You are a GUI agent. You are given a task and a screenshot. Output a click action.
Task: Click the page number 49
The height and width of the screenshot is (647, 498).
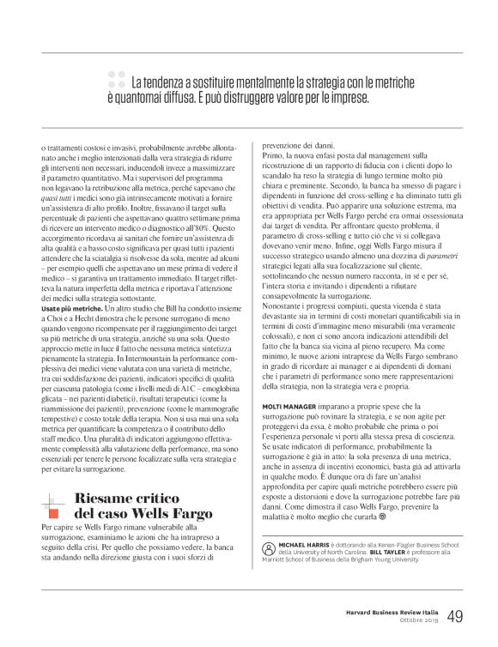coord(455,616)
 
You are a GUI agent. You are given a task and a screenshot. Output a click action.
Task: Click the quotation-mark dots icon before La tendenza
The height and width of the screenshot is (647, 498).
coord(117,82)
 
